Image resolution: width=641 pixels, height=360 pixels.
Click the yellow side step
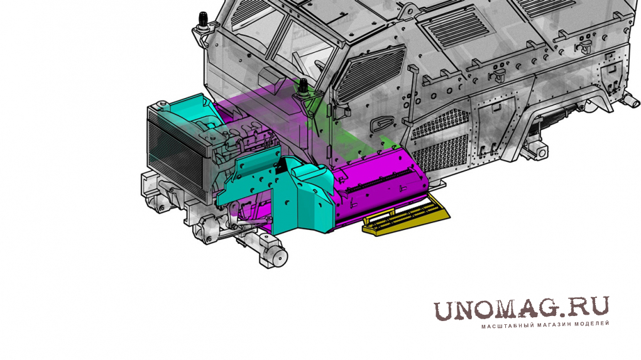pos(405,215)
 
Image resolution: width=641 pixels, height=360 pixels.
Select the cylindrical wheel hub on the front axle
pos(278,255)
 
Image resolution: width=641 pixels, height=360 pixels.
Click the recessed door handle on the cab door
pos(381,123)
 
